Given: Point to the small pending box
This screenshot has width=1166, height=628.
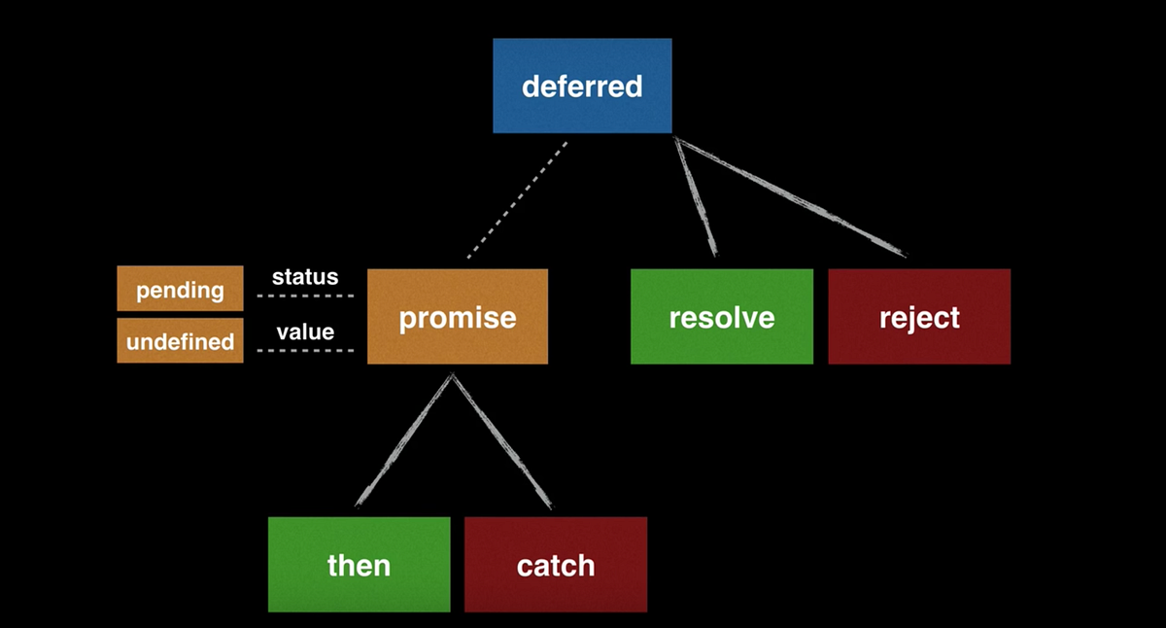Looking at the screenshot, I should [180, 289].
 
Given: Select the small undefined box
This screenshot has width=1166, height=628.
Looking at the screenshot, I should [180, 341].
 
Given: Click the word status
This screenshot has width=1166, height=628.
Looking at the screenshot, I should [305, 277].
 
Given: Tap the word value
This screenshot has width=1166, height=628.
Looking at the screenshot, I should [305, 332].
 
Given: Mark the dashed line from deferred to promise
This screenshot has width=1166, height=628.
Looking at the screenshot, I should [518, 199].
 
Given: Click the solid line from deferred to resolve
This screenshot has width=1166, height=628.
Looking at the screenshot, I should [697, 197].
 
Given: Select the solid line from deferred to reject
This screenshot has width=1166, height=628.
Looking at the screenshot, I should [792, 198].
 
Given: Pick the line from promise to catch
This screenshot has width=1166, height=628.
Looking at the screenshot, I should [501, 440].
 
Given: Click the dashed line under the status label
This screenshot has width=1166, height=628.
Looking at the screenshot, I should [305, 296].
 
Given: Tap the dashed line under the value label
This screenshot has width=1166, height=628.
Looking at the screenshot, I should [305, 350].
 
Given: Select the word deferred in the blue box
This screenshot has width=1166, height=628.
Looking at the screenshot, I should [582, 87].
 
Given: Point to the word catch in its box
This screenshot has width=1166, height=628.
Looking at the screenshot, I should [555, 566].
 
